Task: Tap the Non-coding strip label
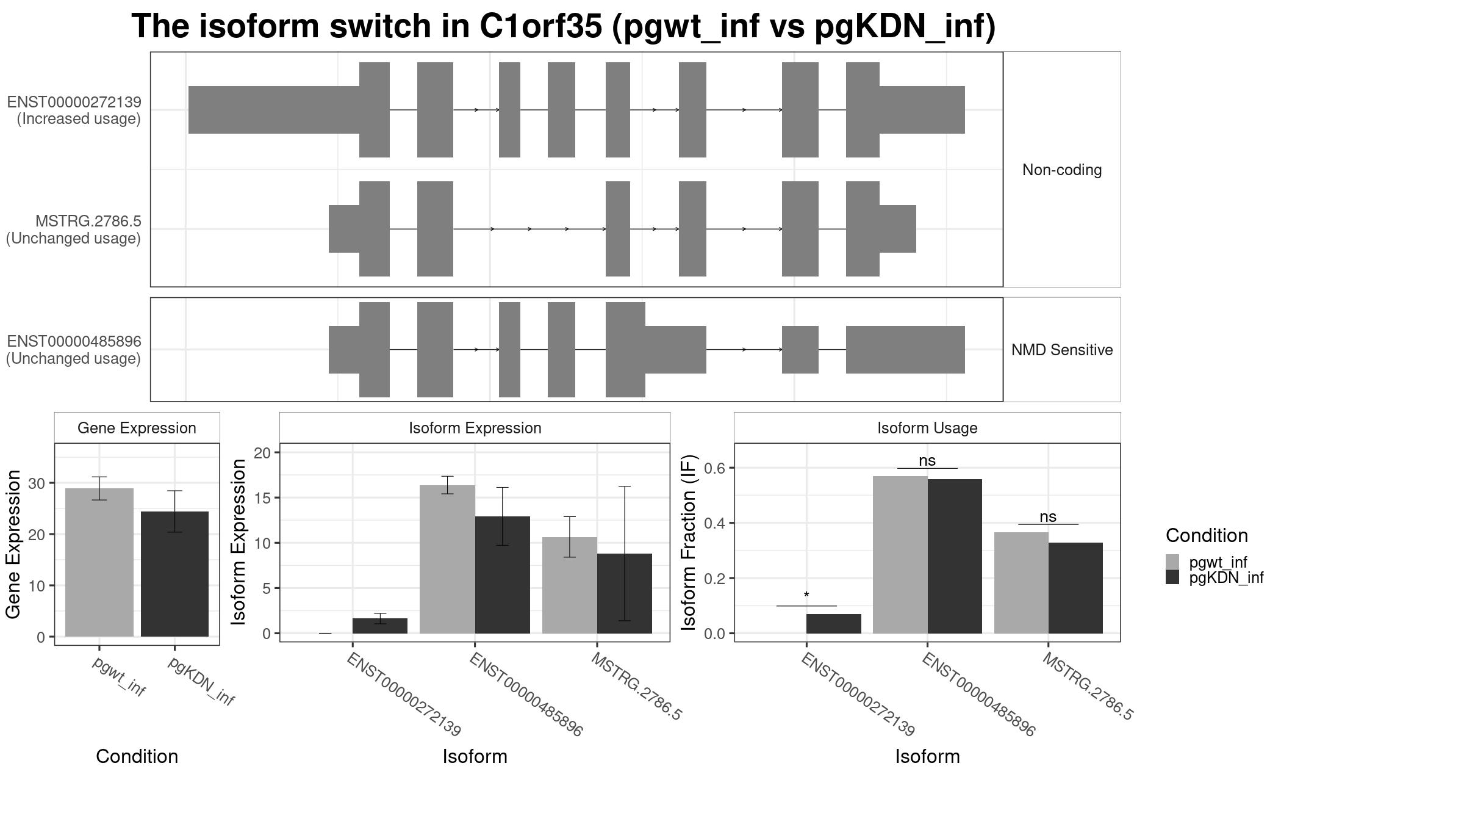[x=1061, y=170]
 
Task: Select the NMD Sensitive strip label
[x=1061, y=350]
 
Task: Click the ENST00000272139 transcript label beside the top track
[x=74, y=102]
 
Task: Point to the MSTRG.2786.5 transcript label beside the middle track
[x=88, y=221]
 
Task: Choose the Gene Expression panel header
[x=137, y=428]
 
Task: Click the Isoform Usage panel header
[x=927, y=428]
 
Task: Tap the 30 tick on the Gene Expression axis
[x=37, y=483]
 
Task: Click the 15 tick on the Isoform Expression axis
[x=262, y=497]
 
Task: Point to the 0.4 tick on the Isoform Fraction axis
[x=717, y=523]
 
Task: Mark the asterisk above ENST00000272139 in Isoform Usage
[x=806, y=595]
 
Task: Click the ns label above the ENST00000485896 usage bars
[x=927, y=460]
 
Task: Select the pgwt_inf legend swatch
[x=1172, y=562]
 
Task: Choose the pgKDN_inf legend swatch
[x=1172, y=577]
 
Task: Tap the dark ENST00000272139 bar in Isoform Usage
[x=833, y=624]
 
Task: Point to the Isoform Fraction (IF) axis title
[x=689, y=542]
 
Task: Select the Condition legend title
[x=1206, y=535]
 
